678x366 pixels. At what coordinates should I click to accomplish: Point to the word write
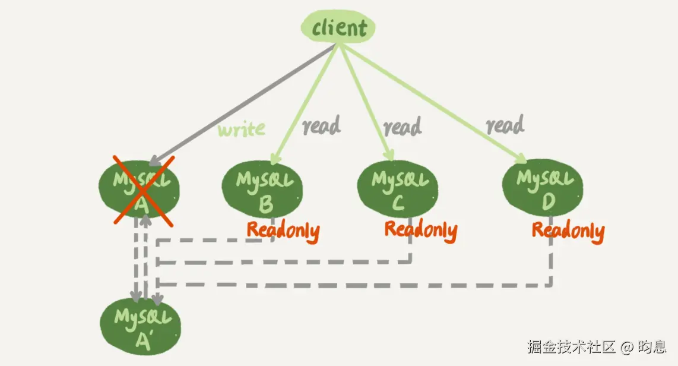pyautogui.click(x=242, y=129)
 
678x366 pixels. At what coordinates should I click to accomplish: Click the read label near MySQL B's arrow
pyautogui.click(x=321, y=125)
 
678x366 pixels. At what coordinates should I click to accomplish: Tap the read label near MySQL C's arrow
pyautogui.click(x=403, y=127)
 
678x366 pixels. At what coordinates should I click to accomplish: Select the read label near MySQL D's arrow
pyautogui.click(x=505, y=125)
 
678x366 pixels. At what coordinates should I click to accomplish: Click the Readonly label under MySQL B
pyautogui.click(x=283, y=231)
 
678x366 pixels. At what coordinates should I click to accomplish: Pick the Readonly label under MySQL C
pyautogui.click(x=420, y=230)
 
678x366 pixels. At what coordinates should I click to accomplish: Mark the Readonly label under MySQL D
pyautogui.click(x=568, y=231)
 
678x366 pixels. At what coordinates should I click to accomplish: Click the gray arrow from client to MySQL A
pyautogui.click(x=237, y=107)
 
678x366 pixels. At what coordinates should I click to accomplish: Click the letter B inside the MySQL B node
pyautogui.click(x=265, y=204)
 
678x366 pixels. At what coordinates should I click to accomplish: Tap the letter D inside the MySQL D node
pyautogui.click(x=547, y=202)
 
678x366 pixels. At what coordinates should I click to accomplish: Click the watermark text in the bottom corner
pyautogui.click(x=597, y=346)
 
